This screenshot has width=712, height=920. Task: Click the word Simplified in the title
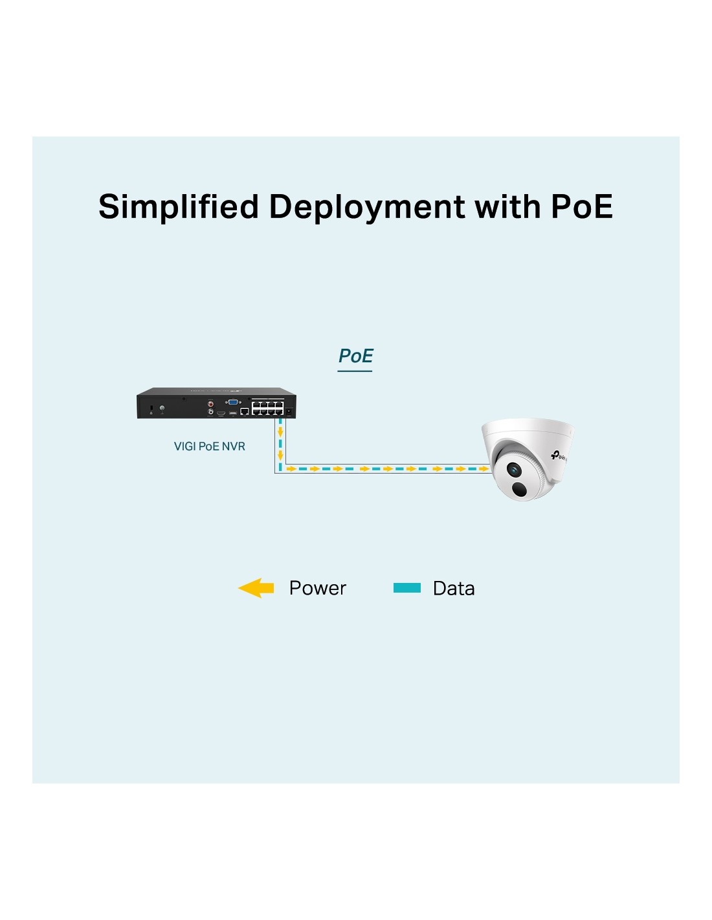(178, 207)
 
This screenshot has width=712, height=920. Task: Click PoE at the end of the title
(581, 206)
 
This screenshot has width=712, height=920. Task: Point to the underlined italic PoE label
(355, 356)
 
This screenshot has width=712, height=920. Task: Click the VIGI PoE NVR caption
(209, 446)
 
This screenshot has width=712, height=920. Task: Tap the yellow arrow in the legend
(256, 588)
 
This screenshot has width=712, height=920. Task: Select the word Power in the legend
(317, 588)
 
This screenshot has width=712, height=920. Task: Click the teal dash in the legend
(407, 588)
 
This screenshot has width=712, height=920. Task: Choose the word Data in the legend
(453, 588)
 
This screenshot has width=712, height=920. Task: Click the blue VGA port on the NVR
(232, 402)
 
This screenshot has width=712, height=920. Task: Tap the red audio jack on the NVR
(210, 404)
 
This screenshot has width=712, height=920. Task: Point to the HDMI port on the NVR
(221, 411)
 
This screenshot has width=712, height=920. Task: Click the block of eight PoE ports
(267, 408)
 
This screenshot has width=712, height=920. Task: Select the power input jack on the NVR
(289, 411)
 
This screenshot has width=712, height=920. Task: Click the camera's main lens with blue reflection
(514, 470)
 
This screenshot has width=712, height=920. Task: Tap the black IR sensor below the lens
(520, 489)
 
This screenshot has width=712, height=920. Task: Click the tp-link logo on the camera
(559, 455)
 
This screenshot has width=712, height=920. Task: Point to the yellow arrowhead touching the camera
(484, 468)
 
